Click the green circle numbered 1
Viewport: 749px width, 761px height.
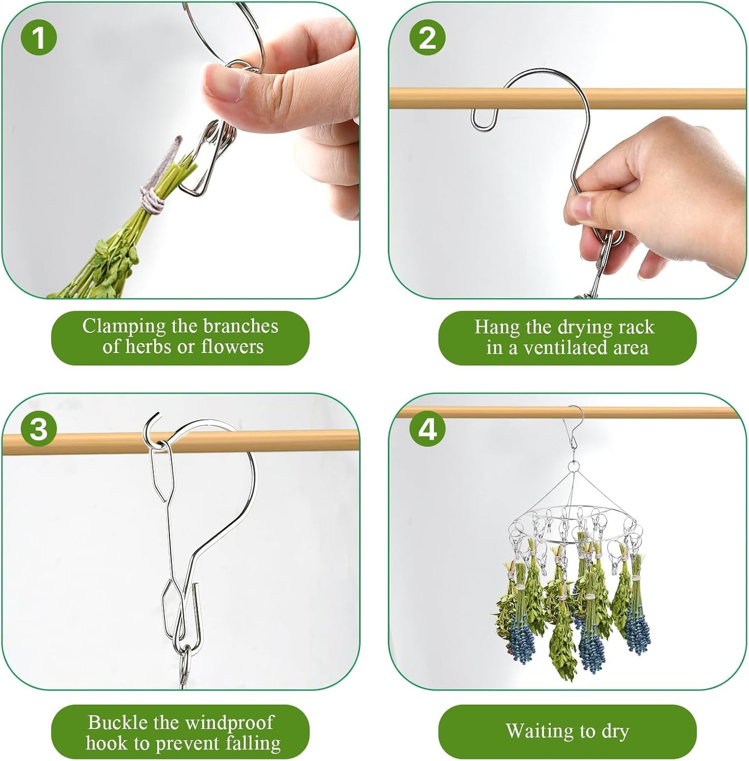click(38, 38)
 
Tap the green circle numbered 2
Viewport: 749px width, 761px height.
click(427, 38)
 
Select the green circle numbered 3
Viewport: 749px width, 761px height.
click(38, 429)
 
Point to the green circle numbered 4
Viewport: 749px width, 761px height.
click(427, 429)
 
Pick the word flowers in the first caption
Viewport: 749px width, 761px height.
click(232, 346)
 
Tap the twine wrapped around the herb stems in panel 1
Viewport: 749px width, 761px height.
click(153, 200)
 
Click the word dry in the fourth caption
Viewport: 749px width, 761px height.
click(615, 731)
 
